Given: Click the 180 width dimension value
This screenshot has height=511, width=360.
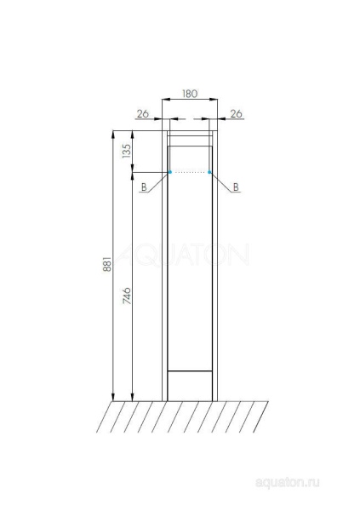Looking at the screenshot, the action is pyautogui.click(x=190, y=94).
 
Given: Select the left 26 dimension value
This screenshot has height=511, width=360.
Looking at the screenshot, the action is pyautogui.click(x=143, y=114).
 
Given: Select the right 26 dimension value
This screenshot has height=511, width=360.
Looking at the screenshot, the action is pyautogui.click(x=237, y=114).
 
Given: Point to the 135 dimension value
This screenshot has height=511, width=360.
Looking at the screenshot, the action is pyautogui.click(x=126, y=152).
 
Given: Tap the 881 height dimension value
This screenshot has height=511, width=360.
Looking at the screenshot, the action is pyautogui.click(x=107, y=264).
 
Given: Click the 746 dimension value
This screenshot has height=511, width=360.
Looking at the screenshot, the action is pyautogui.click(x=127, y=296).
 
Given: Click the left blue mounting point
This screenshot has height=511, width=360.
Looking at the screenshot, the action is pyautogui.click(x=170, y=172).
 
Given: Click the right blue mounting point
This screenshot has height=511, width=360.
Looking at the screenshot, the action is pyautogui.click(x=209, y=172).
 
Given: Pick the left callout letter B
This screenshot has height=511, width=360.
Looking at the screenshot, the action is pyautogui.click(x=144, y=187).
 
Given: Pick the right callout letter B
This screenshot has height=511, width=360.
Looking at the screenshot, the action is pyautogui.click(x=236, y=187).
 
